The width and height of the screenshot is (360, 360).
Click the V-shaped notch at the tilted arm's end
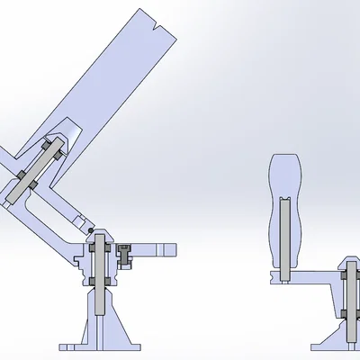tap(157, 26)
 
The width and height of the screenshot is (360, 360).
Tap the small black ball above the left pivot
tap(90, 230)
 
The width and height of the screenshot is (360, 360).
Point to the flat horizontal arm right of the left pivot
tap(157, 248)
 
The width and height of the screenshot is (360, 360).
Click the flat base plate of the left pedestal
tap(99, 346)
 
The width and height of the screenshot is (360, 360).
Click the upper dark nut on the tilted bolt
tap(52, 148)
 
